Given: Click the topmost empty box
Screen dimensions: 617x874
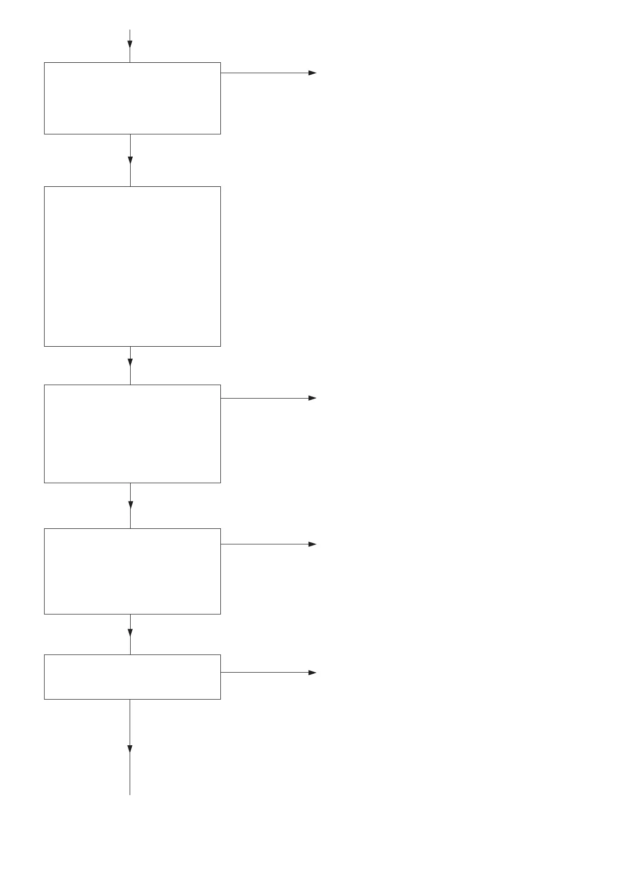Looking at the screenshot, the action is pos(132,98).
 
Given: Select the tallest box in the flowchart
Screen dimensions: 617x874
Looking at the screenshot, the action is pos(132,266).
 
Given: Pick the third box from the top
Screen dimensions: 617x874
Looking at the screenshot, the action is pos(132,433).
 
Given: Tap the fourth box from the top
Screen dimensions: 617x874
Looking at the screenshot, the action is pos(132,571).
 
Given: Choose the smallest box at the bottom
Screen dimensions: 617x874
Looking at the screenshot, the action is pos(132,676).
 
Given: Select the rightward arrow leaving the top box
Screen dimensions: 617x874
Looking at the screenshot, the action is pos(267,73).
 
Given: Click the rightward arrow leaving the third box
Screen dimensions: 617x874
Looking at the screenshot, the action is pos(267,398).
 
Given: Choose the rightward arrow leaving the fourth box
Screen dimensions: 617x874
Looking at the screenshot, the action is pos(267,544).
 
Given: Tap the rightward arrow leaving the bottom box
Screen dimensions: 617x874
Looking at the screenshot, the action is pos(267,672).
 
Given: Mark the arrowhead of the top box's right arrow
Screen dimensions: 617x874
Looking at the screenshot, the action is pos(312,73).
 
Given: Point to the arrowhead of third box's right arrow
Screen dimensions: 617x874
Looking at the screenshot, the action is pos(312,398).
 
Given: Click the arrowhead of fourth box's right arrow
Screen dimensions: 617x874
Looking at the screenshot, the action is pos(312,544).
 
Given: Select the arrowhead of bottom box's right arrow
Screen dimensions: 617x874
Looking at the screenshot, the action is pos(312,672).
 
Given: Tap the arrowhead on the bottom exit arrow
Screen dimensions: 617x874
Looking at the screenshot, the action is pos(130,749).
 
